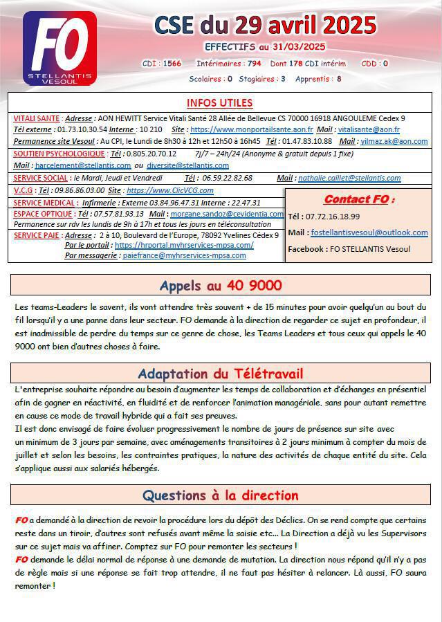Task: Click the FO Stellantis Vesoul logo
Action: click(x=60, y=48)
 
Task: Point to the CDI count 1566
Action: click(x=172, y=63)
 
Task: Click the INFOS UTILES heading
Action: click(x=219, y=103)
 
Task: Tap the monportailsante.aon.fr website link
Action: click(x=251, y=129)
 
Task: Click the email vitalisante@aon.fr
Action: click(x=368, y=129)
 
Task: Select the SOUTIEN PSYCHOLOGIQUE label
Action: click(x=59, y=154)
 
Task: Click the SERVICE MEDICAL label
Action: click(x=44, y=203)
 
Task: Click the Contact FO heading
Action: click(x=359, y=199)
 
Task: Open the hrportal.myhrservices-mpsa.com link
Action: click(x=184, y=245)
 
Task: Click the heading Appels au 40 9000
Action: click(x=220, y=285)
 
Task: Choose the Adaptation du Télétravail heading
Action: click(x=220, y=374)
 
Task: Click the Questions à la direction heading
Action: click(x=220, y=495)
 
